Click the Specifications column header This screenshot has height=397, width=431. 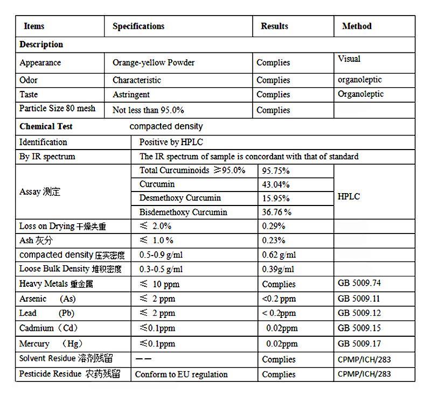pos(138,26)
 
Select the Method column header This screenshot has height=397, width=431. pos(357,26)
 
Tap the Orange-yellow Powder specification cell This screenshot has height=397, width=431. pos(154,62)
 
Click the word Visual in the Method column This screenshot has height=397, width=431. pos(349,59)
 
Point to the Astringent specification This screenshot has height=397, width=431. pos(131,94)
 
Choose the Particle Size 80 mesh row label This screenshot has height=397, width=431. pos(57,109)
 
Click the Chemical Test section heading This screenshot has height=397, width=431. pos(46,126)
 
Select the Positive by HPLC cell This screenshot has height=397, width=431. pos(171,142)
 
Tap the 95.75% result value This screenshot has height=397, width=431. pos(276,171)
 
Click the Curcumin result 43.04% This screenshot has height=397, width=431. pos(275,185)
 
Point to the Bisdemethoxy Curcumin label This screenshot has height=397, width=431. pos(183,212)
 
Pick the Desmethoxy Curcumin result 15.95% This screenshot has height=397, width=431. pos(275,198)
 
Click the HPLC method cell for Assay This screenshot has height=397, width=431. pos(349,197)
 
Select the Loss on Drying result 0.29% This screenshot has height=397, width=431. pos(274,226)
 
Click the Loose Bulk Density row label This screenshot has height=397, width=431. pos(70,269)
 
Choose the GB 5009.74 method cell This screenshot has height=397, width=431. pos(359,283)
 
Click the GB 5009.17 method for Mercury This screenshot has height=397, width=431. pos(359,343)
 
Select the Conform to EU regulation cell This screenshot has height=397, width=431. pos(181,374)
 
